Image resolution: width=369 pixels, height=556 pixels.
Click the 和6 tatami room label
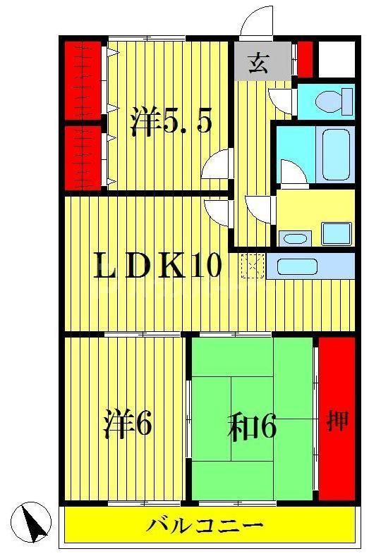(251, 426)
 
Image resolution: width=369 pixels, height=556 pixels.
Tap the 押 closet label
(337, 422)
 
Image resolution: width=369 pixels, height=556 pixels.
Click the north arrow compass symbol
(35, 521)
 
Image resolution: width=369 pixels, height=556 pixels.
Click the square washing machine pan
(335, 233)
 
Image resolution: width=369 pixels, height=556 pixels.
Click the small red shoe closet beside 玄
(305, 59)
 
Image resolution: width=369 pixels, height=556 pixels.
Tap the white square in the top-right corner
(336, 59)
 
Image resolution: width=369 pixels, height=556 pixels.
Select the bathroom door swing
(291, 173)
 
